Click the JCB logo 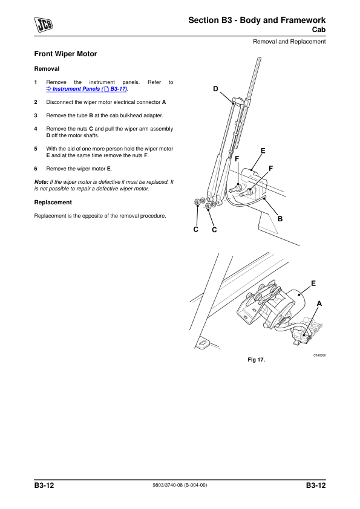[x=44, y=25]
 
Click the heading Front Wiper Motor [x=65, y=54]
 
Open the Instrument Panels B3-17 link [x=87, y=89]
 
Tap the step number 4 [x=36, y=129]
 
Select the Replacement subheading [x=53, y=203]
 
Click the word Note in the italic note [x=41, y=182]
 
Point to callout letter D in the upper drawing [x=215, y=89]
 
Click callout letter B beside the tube [x=280, y=219]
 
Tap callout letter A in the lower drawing [x=319, y=303]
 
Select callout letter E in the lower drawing [x=313, y=284]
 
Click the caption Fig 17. [x=257, y=360]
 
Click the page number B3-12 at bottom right [x=315, y=485]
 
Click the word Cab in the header [x=319, y=30]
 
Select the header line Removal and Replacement [x=289, y=42]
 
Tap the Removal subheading [x=47, y=69]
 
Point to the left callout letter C [x=195, y=230]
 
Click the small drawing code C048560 [x=319, y=355]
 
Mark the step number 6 [x=36, y=169]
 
